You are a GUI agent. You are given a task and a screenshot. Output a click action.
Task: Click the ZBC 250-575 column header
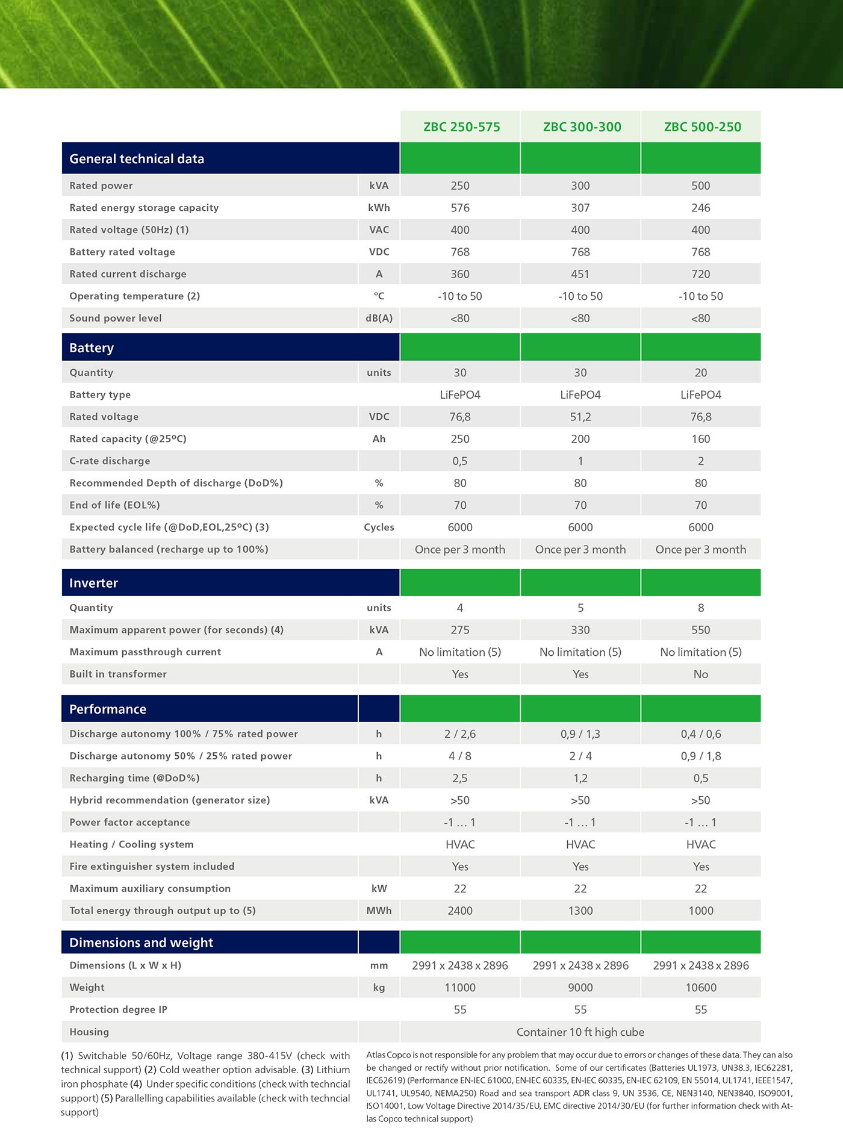461,127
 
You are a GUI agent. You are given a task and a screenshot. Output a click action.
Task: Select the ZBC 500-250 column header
702,127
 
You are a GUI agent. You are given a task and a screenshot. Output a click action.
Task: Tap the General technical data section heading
137,159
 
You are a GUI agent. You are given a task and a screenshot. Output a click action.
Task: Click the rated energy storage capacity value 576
460,208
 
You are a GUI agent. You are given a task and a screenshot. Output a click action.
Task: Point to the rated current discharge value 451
580,274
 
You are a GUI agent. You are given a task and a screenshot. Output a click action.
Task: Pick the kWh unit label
379,208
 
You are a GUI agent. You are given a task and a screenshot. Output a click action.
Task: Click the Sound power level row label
116,318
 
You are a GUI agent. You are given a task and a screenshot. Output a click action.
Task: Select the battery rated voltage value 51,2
580,417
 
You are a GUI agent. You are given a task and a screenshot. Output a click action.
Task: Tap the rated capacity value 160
700,439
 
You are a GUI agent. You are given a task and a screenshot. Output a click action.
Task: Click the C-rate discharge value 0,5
460,461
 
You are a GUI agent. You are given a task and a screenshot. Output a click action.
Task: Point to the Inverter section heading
93,583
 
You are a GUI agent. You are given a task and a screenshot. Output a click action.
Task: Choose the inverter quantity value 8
700,608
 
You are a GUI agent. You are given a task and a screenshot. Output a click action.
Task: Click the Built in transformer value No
700,674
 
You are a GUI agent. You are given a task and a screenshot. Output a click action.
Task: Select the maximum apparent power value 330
580,630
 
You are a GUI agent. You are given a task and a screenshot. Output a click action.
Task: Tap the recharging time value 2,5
460,778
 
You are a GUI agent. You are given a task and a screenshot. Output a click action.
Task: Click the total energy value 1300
580,911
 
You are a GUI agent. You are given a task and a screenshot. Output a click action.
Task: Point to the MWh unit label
379,911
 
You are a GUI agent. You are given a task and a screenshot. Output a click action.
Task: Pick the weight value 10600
700,988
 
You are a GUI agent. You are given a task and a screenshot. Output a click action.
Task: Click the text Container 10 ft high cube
580,1032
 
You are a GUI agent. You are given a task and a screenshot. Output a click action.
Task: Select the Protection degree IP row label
118,1009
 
